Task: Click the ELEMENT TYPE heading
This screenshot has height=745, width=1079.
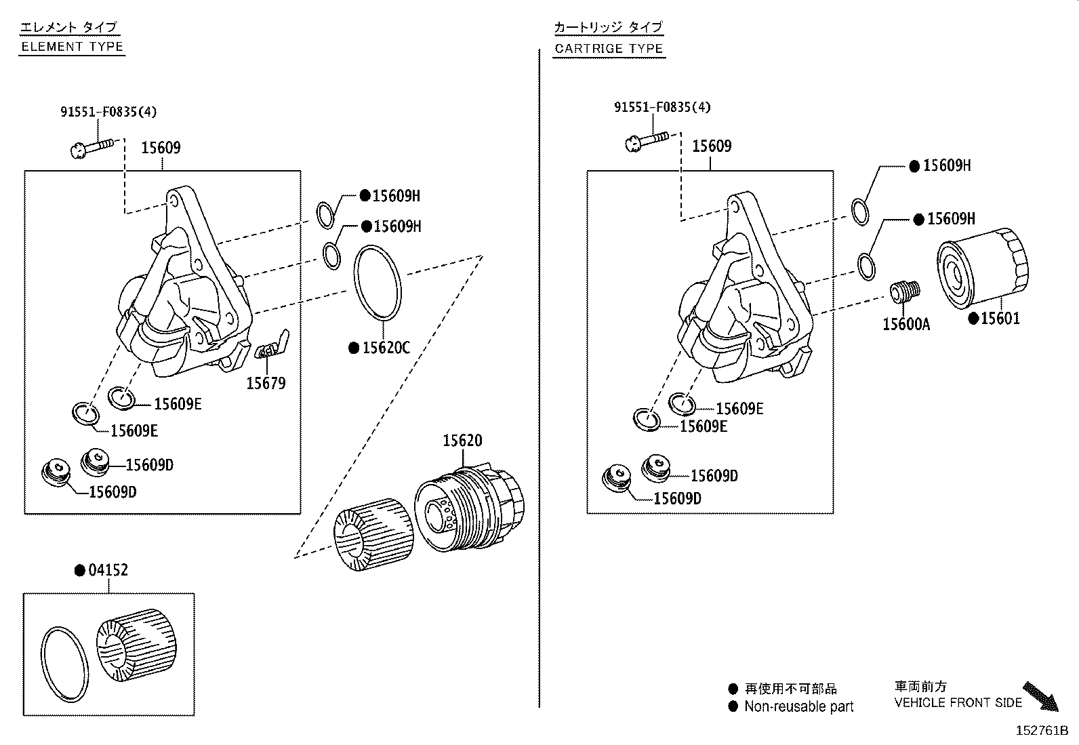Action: (72, 47)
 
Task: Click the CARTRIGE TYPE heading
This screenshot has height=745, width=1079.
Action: (608, 49)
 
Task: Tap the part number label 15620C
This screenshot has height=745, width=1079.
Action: (386, 348)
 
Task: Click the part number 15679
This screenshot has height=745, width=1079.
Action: (266, 384)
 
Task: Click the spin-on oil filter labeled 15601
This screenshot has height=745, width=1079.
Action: (982, 268)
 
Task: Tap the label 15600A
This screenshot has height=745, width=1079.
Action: (905, 325)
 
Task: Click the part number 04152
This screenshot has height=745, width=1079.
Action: (108, 570)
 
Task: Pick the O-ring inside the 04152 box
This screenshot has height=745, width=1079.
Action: (65, 664)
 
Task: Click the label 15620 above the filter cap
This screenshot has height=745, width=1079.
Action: (462, 441)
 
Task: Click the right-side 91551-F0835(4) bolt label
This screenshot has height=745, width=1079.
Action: (662, 107)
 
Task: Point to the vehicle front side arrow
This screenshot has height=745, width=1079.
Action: (1040, 697)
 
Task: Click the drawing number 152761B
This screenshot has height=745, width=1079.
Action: (1041, 731)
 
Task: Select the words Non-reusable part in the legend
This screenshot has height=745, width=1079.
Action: (798, 706)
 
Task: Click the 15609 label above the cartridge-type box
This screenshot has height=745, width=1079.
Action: (711, 146)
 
